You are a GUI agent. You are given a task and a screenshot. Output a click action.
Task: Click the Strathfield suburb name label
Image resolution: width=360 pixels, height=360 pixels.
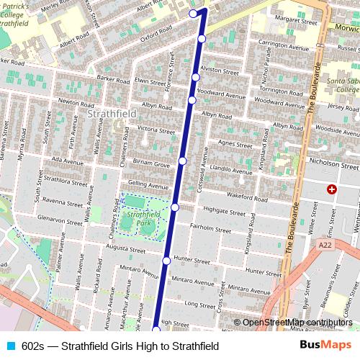[107, 114]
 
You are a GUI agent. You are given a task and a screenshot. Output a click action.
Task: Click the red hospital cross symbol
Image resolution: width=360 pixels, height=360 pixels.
[331, 189]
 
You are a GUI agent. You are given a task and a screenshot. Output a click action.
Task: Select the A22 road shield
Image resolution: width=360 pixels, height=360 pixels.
[325, 246]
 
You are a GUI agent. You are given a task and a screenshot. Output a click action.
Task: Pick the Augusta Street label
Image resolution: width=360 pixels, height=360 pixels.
[121, 247]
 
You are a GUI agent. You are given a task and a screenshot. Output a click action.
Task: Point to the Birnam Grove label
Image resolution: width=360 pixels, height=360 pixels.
[151, 165]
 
